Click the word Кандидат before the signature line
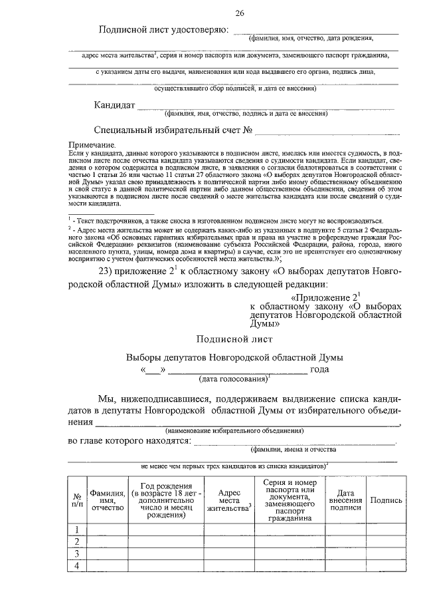tap(114, 105)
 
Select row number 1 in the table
tap(78, 529)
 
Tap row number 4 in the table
tap(78, 565)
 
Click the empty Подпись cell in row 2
tap(386, 541)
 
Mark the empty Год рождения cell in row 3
tap(161, 553)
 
